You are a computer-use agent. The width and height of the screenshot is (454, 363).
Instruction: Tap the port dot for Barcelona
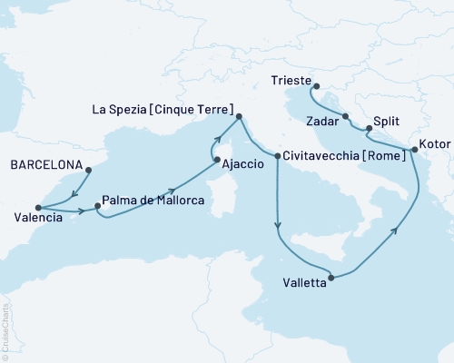tap(88, 168)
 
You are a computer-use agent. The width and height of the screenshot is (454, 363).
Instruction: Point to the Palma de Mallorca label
tap(152, 200)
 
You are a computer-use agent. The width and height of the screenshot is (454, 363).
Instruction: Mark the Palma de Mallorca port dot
tap(98, 206)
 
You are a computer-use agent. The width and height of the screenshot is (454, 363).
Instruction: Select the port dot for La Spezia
tap(240, 116)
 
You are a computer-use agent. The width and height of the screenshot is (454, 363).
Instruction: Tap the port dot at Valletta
tap(331, 278)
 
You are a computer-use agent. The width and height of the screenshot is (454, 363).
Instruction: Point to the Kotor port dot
tap(415, 149)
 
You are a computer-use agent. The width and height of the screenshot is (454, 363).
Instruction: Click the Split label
tap(387, 118)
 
